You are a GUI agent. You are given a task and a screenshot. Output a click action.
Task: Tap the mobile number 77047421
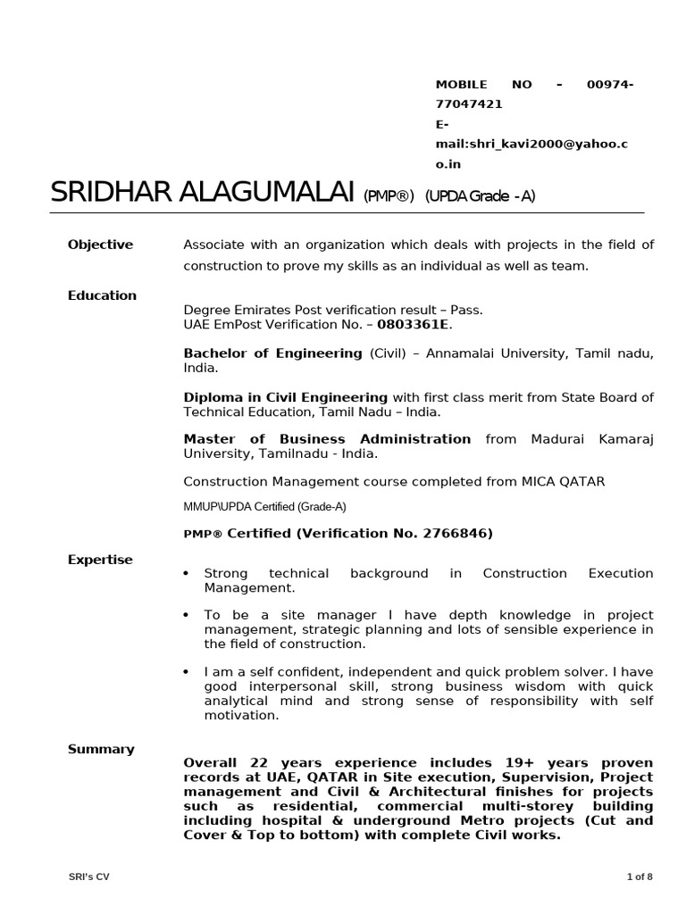[468, 104]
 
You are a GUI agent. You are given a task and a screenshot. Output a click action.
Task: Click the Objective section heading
[100, 245]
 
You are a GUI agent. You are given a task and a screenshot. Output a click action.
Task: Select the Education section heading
[102, 295]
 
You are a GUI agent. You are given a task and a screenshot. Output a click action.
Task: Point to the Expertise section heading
[100, 560]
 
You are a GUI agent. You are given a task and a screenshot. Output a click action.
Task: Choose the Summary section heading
[101, 749]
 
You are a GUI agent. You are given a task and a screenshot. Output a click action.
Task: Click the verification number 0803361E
[414, 323]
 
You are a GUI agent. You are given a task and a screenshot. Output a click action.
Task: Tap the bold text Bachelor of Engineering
[272, 353]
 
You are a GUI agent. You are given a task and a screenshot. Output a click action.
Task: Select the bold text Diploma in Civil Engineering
[285, 397]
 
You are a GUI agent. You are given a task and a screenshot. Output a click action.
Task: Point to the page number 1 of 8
[640, 876]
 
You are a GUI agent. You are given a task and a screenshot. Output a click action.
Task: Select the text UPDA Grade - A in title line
[480, 196]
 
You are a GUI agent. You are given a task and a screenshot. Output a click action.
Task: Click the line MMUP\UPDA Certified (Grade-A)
[264, 507]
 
